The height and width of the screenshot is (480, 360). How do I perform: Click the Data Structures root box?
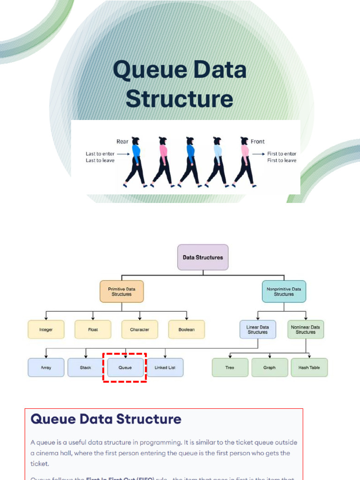point(202,257)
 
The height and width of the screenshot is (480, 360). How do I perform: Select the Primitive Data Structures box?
point(121,292)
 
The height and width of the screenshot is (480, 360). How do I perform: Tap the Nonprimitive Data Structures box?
point(284,292)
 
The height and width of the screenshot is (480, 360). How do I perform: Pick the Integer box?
point(46,330)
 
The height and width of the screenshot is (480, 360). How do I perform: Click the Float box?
point(93,330)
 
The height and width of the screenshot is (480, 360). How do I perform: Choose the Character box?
point(140,330)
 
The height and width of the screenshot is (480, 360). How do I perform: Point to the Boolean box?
point(187,330)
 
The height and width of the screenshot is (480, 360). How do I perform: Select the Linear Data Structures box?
point(257,329)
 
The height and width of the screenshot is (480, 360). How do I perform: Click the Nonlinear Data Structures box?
point(306,329)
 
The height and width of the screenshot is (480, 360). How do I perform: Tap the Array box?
point(46,367)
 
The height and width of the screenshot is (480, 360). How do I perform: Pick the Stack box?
point(86,367)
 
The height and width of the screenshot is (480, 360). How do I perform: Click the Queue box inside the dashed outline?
point(125,367)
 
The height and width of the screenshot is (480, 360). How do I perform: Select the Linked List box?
point(165,367)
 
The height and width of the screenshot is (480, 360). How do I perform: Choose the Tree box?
point(230,367)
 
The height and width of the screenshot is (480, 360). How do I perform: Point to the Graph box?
point(270,367)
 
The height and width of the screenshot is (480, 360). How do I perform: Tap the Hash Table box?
point(309,367)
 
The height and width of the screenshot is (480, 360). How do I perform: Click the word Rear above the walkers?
point(122,142)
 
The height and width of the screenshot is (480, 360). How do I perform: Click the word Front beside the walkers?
point(257,142)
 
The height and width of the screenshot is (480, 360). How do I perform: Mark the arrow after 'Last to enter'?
point(122,153)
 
